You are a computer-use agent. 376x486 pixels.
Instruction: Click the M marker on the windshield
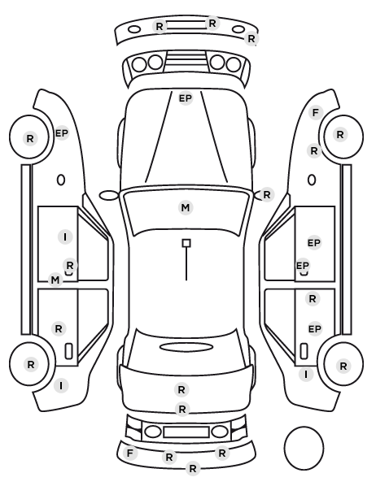click(186, 208)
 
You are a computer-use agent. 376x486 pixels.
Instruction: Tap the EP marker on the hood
click(186, 98)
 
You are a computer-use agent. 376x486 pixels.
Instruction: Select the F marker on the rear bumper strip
click(129, 453)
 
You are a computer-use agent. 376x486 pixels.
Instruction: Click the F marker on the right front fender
click(316, 112)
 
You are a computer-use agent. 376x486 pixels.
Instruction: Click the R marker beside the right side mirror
click(267, 195)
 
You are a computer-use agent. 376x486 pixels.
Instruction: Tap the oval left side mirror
click(109, 196)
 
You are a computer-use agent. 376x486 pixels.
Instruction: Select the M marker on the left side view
click(55, 280)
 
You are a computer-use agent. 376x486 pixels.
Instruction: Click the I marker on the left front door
click(65, 237)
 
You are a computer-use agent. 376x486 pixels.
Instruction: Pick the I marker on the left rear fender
click(61, 386)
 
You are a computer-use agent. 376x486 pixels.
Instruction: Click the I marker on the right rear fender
click(306, 375)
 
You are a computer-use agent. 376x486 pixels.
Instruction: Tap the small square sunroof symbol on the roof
click(186, 243)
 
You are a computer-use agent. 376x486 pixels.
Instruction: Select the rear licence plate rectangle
click(186, 432)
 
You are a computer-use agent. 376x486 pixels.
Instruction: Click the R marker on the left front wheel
click(30, 138)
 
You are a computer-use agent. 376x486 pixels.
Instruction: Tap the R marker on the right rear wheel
click(343, 366)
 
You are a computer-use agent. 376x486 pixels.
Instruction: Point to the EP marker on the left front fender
click(62, 133)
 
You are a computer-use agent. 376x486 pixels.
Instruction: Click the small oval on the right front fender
click(312, 180)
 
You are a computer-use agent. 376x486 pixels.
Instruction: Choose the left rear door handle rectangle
click(68, 351)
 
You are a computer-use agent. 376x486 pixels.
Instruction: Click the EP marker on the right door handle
click(303, 266)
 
